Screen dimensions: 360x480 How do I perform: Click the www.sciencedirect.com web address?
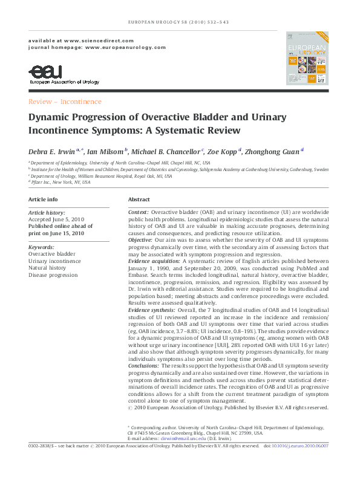click(x=85, y=39)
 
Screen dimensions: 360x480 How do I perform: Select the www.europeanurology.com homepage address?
click(x=126, y=47)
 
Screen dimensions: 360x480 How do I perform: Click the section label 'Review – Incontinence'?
click(x=65, y=102)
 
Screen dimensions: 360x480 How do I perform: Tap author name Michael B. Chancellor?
click(x=166, y=151)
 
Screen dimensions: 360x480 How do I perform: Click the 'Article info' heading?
click(x=44, y=199)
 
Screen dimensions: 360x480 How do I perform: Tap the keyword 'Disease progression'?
click(x=53, y=275)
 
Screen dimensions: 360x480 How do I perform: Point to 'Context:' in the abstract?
click(x=139, y=213)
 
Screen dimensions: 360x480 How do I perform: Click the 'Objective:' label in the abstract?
click(x=140, y=240)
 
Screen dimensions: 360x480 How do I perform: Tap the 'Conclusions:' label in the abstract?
click(x=143, y=366)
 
